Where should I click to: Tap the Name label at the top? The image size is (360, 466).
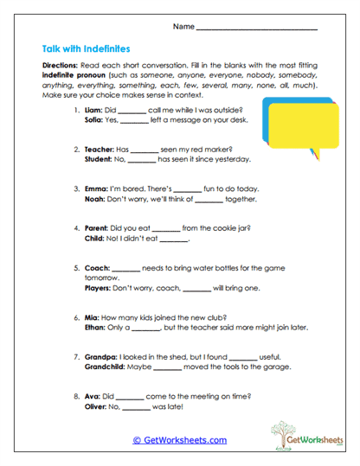coord(183,28)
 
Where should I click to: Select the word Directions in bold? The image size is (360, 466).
coord(61,66)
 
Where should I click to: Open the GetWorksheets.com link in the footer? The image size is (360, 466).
coord(179,439)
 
